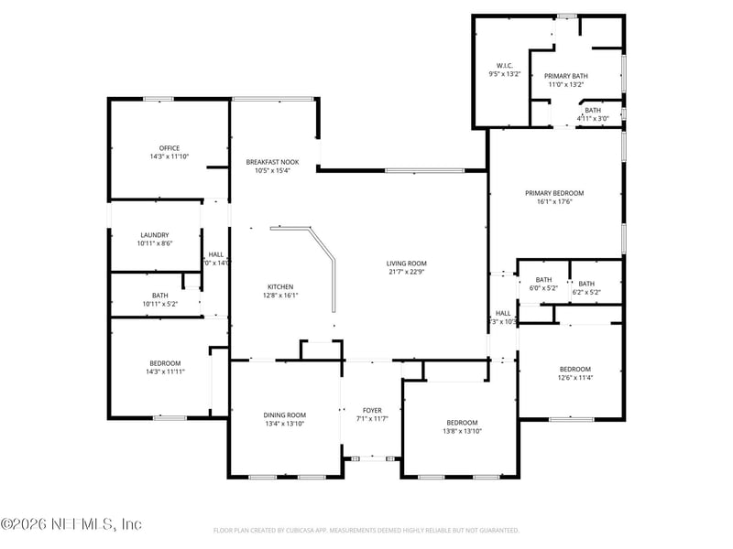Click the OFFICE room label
[169, 148]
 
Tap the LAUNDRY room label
[154, 235]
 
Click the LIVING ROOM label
[406, 263]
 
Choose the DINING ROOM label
[284, 414]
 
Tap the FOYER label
[372, 410]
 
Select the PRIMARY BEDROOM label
[553, 193]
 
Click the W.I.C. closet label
[504, 66]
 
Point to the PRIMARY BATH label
[565, 76]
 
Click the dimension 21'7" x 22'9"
[406, 272]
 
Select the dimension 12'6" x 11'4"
[576, 378]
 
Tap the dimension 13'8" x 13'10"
[462, 431]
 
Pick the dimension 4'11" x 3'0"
[593, 118]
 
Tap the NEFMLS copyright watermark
[71, 524]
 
